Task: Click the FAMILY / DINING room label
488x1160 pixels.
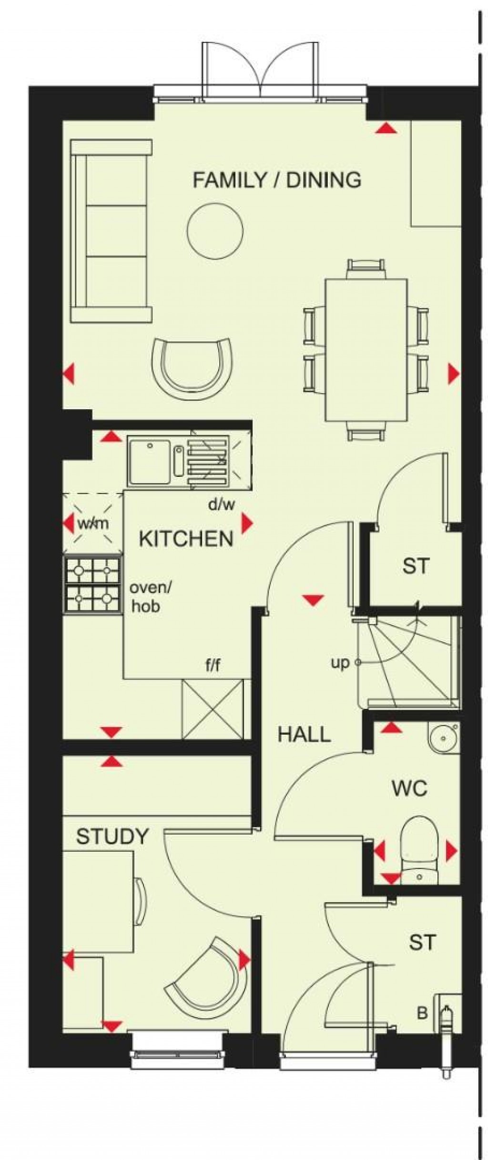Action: (277, 180)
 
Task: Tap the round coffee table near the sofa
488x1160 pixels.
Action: (215, 231)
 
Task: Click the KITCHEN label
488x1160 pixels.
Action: (186, 539)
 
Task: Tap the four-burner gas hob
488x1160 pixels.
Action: (92, 585)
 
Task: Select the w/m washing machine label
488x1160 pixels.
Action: (93, 524)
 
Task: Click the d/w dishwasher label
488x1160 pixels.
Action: (222, 504)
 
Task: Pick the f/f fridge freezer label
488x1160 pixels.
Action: (213, 666)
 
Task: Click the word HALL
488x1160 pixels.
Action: (304, 735)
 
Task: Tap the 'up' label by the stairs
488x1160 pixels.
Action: (340, 663)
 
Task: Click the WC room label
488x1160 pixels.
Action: (409, 788)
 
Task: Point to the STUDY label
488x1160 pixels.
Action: (112, 837)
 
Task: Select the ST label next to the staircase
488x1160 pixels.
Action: (416, 566)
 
